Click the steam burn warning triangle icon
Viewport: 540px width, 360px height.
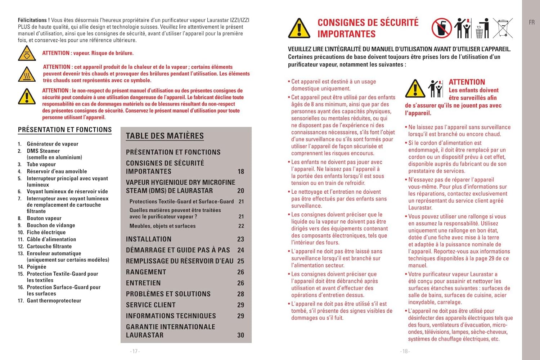click(x=27, y=54)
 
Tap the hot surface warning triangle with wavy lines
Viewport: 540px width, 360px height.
click(x=27, y=75)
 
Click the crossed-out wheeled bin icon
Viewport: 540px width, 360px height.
click(x=503, y=28)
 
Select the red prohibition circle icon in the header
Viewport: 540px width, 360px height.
click(x=441, y=28)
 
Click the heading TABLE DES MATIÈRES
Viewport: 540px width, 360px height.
click(x=165, y=136)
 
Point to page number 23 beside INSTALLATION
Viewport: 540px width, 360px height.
click(x=240, y=239)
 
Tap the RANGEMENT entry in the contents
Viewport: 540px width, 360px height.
click(x=146, y=272)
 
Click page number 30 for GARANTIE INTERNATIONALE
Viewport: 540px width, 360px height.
click(x=240, y=335)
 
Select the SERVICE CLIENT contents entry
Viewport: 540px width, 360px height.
click(x=151, y=305)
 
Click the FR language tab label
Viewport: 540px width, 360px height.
click(x=532, y=23)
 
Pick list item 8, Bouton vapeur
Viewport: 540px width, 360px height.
click(x=44, y=218)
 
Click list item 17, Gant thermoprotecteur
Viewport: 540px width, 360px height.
click(x=54, y=301)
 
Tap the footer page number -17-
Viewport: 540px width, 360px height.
click(x=135, y=351)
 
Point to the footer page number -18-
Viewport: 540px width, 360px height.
click(x=405, y=351)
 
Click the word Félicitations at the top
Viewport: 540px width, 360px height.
click(x=32, y=20)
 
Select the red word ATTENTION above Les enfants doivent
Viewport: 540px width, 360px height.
click(x=467, y=82)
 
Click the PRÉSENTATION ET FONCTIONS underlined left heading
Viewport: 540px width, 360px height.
click(x=65, y=130)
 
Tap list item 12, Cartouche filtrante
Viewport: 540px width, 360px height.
click(x=49, y=246)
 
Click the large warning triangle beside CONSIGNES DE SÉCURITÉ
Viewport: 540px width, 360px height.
click(x=299, y=28)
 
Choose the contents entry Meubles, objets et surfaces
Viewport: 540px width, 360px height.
click(x=163, y=226)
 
